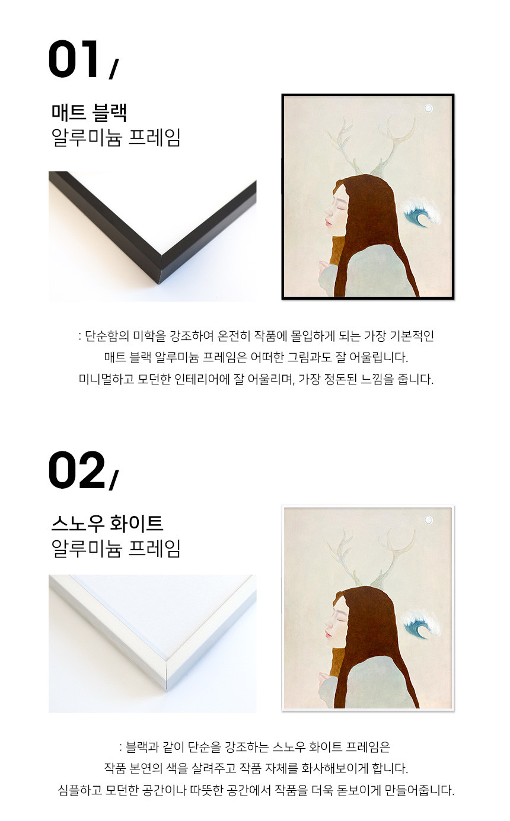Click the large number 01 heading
tap(74, 59)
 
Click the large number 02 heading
tap(76, 470)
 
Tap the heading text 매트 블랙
tap(89, 113)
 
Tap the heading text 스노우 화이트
tap(107, 524)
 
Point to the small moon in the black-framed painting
tap(428, 108)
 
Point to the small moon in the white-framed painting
tap(428, 519)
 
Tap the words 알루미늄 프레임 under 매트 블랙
tap(116, 138)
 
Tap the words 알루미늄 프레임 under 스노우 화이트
tap(116, 549)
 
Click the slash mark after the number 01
tap(114, 69)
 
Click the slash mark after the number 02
tap(114, 480)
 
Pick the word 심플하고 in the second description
tap(80, 790)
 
